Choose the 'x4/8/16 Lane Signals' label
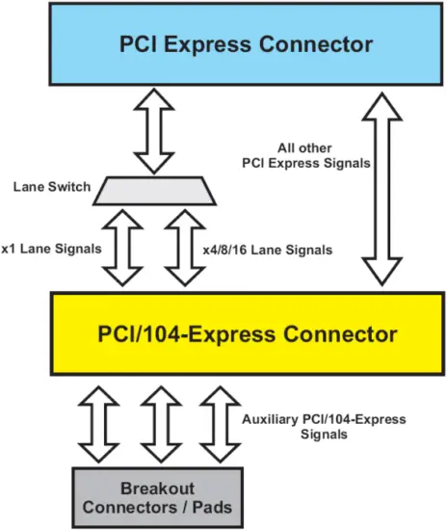coord(268,250)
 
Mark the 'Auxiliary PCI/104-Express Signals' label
coord(322,427)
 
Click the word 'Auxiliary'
coord(267,419)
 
